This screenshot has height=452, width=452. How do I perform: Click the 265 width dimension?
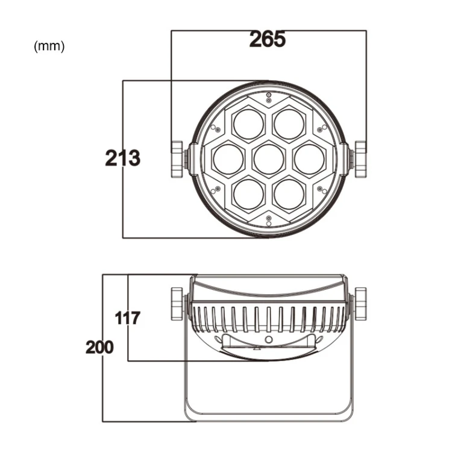coord(268,39)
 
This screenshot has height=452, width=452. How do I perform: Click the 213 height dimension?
coord(123,158)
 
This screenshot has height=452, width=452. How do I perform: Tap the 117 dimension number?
coord(127,318)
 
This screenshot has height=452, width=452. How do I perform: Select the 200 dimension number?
coord(99,347)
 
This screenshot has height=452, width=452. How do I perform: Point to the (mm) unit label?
coord(49,46)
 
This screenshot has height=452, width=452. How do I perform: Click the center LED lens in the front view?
coord(269,159)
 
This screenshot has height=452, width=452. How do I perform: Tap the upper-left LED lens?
coord(248,124)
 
